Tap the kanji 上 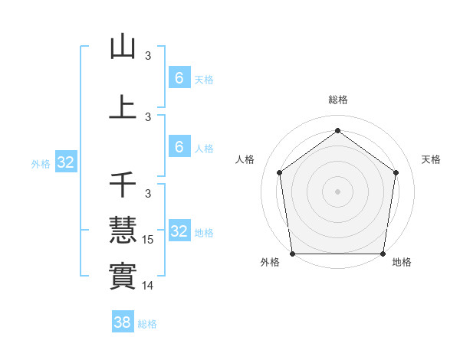[x=123, y=107]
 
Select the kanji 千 [x=123, y=186]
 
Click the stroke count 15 [x=149, y=240]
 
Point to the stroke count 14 [x=149, y=286]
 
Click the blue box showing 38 [x=123, y=322]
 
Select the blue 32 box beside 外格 [x=65, y=162]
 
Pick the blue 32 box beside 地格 [x=179, y=231]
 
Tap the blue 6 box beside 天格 [x=179, y=77]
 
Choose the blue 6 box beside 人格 [x=179, y=147]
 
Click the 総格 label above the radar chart [x=337, y=100]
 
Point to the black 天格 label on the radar [x=432, y=159]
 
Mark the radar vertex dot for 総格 [x=337, y=130]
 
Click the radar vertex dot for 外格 [x=292, y=254]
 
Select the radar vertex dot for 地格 [x=383, y=254]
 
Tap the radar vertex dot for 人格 [x=279, y=172]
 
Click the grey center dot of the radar [x=337, y=191]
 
